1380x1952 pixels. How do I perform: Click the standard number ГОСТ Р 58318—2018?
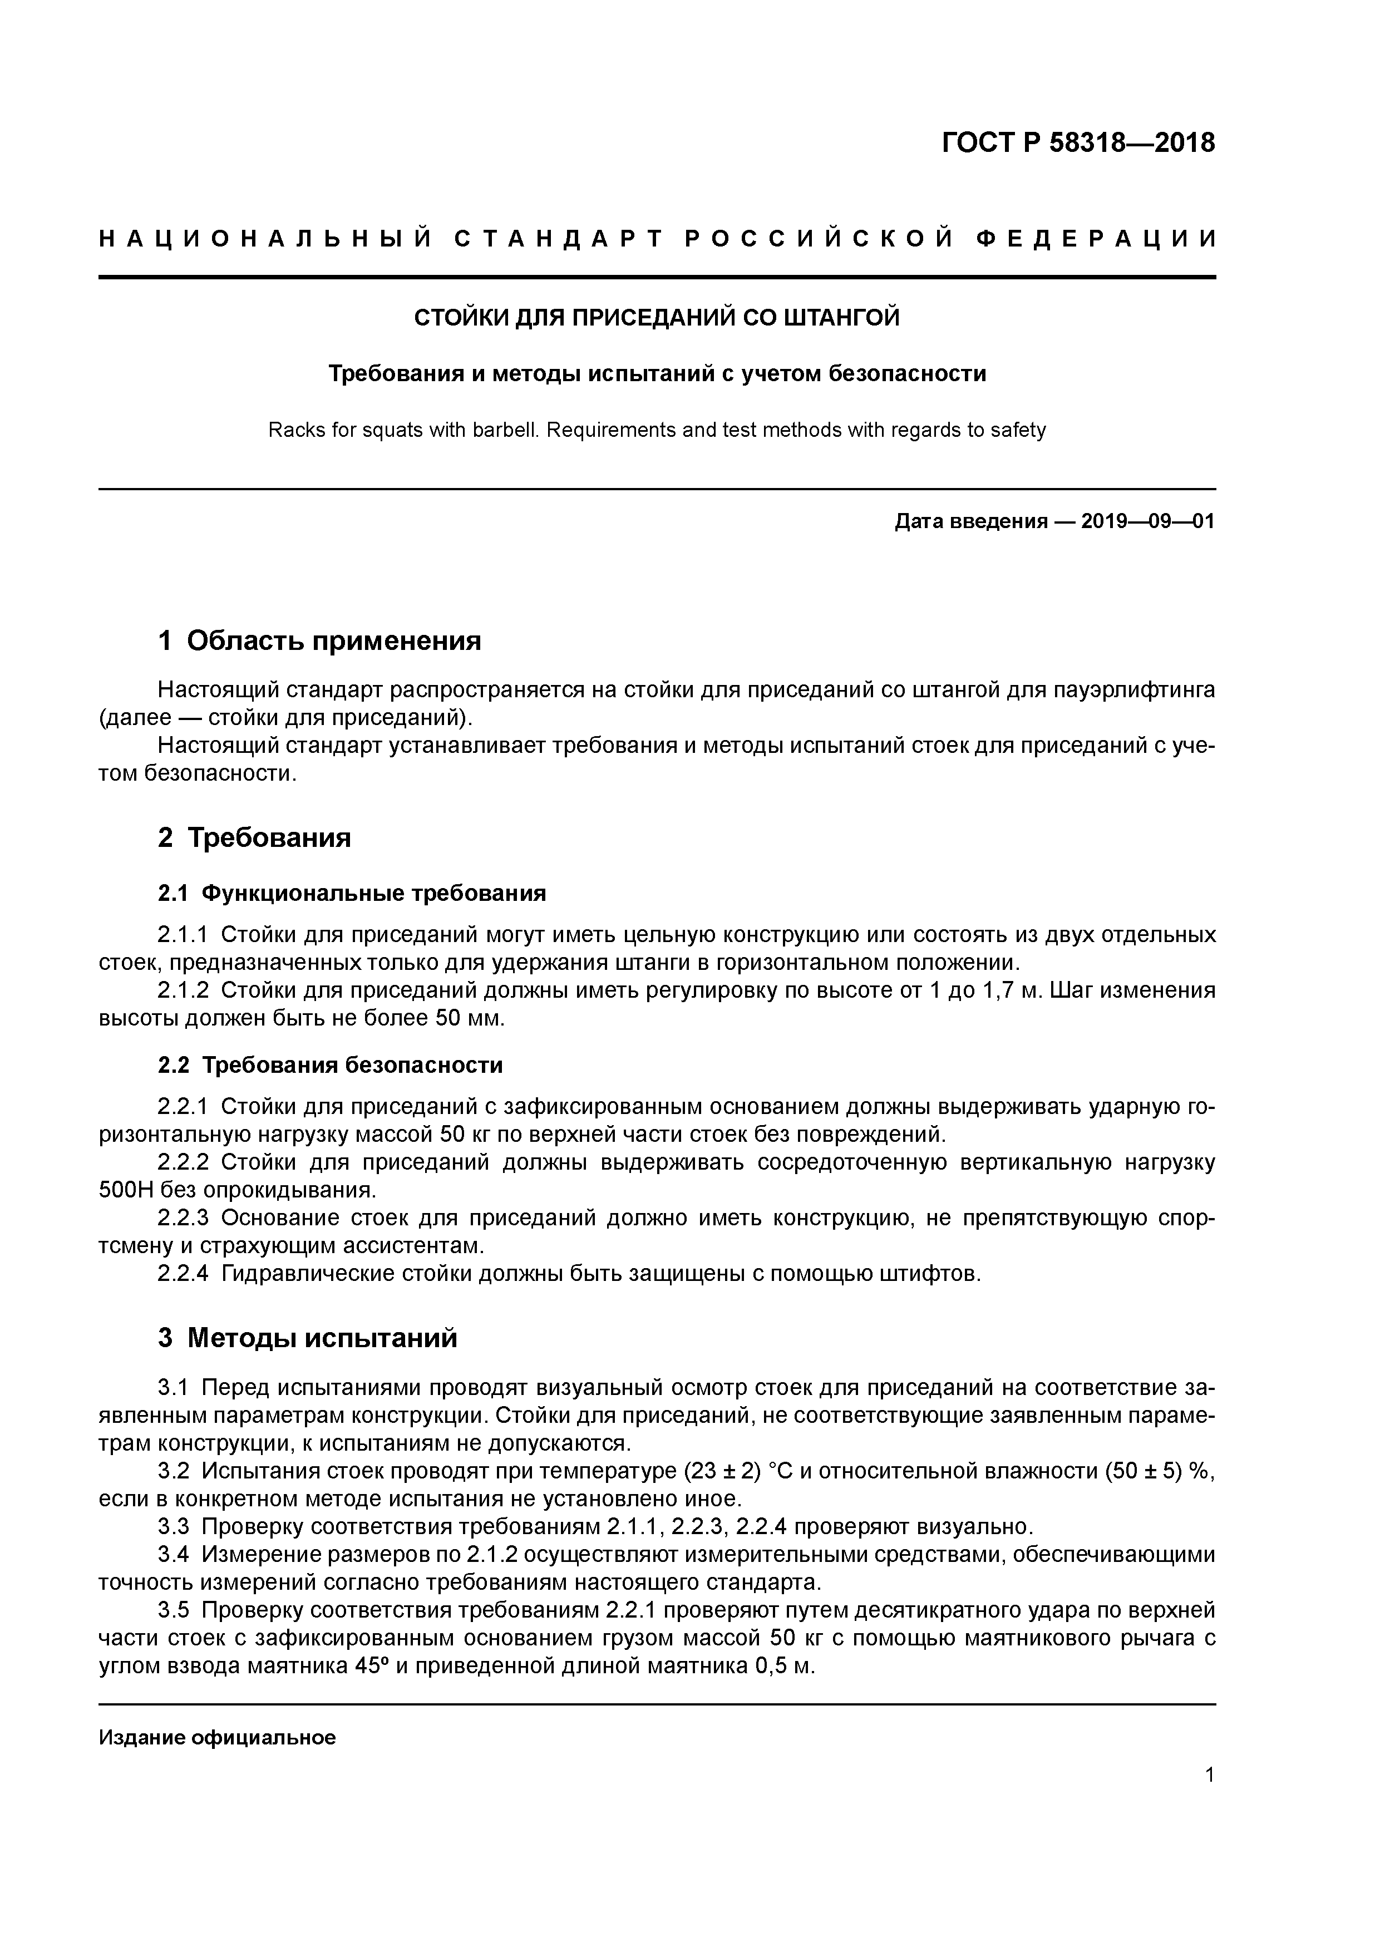tap(1078, 143)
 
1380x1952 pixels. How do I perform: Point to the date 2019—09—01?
tap(1148, 521)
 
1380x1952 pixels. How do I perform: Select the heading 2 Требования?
tap(254, 837)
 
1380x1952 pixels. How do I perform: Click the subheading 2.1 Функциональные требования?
tap(351, 894)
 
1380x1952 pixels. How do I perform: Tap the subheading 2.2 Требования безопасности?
tap(330, 1065)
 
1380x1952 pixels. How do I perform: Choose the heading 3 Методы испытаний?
tap(308, 1338)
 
